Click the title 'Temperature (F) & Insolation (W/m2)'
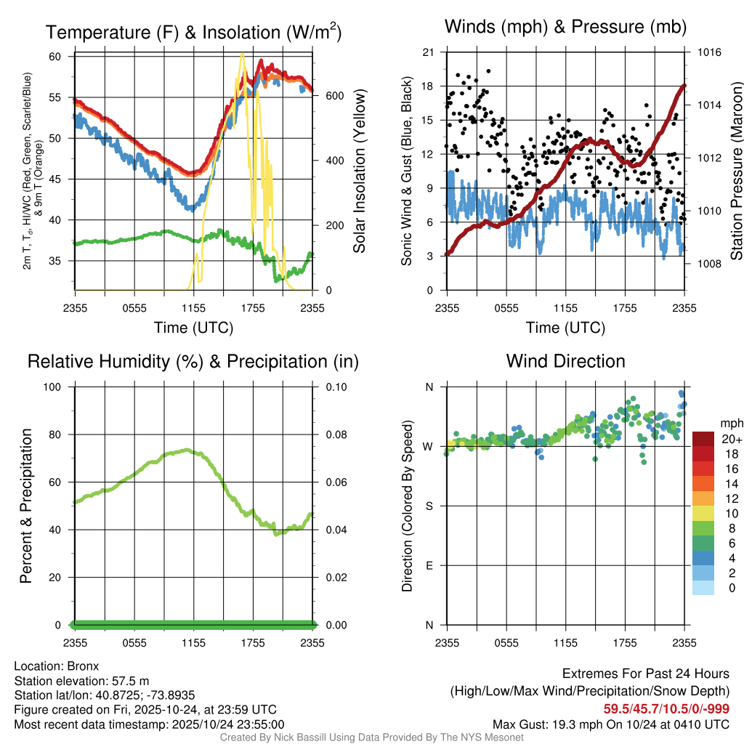[193, 32]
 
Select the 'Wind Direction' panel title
[565, 361]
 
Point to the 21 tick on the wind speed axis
[427, 52]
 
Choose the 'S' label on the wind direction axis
[429, 506]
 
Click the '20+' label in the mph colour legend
[732, 440]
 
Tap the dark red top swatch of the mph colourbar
[703, 439]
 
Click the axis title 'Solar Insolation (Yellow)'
[359, 171]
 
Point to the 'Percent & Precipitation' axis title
[25, 506]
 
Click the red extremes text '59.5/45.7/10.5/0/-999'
[666, 709]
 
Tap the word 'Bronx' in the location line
[82, 666]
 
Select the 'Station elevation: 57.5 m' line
[81, 681]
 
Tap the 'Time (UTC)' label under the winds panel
[565, 328]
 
